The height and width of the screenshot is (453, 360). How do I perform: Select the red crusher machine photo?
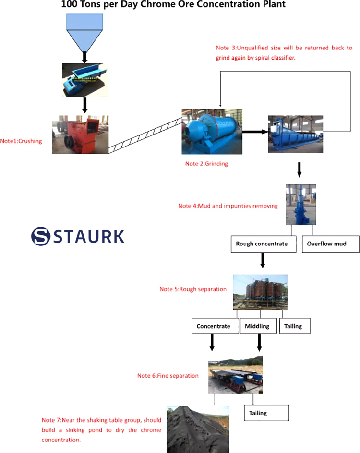tap(80, 135)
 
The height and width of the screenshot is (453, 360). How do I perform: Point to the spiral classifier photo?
tap(296, 135)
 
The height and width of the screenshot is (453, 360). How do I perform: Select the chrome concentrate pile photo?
tap(197, 429)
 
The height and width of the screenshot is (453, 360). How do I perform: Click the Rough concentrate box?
tap(262, 244)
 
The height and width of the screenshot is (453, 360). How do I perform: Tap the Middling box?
tap(257, 326)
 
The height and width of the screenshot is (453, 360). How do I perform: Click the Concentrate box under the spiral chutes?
tap(214, 326)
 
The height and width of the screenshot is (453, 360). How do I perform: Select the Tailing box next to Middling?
tap(294, 326)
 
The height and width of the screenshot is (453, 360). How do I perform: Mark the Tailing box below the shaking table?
tap(267, 413)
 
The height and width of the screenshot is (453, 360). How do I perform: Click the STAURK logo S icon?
tap(41, 236)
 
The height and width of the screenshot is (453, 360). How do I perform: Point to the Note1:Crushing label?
tap(21, 141)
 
